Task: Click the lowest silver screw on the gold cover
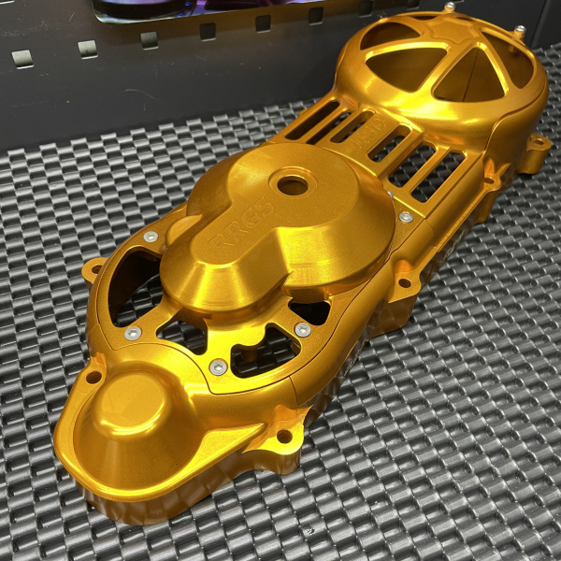pyautogui.click(x=218, y=367)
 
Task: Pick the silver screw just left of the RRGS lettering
pyautogui.click(x=151, y=237)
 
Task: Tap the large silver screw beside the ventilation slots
pyautogui.click(x=406, y=217)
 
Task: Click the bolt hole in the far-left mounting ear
pyautogui.click(x=93, y=270)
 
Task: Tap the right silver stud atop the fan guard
pyautogui.click(x=519, y=30)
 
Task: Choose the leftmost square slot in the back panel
pyautogui.click(x=22, y=58)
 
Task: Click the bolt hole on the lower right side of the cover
pyautogui.click(x=404, y=281)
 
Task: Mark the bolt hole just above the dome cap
pyautogui.click(x=93, y=377)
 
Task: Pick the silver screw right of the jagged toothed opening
pyautogui.click(x=302, y=330)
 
